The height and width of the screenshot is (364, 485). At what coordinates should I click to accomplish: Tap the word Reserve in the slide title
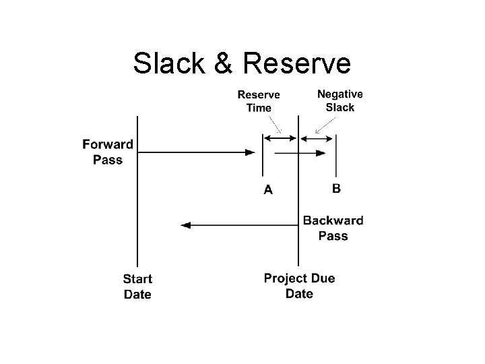point(295,63)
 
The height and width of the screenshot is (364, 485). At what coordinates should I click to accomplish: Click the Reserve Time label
point(259,101)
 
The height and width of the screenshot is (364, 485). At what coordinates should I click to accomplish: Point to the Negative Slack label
point(339,100)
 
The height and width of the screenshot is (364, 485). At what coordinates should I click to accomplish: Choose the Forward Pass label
point(107,152)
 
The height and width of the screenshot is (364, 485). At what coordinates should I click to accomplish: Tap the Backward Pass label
point(333,228)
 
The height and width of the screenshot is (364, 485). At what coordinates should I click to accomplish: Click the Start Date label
point(137,286)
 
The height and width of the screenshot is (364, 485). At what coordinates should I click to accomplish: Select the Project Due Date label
point(299,286)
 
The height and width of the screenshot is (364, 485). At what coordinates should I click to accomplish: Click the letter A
point(268,190)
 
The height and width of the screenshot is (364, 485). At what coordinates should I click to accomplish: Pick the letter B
point(336,189)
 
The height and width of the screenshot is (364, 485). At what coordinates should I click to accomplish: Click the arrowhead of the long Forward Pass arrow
point(250,153)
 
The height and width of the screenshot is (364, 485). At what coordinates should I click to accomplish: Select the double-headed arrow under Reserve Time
point(280,139)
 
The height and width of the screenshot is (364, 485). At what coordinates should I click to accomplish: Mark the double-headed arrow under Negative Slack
point(317,139)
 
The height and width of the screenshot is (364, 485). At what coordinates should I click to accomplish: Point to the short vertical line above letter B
point(336,155)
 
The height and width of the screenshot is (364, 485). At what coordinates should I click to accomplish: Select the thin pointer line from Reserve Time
point(275,123)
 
